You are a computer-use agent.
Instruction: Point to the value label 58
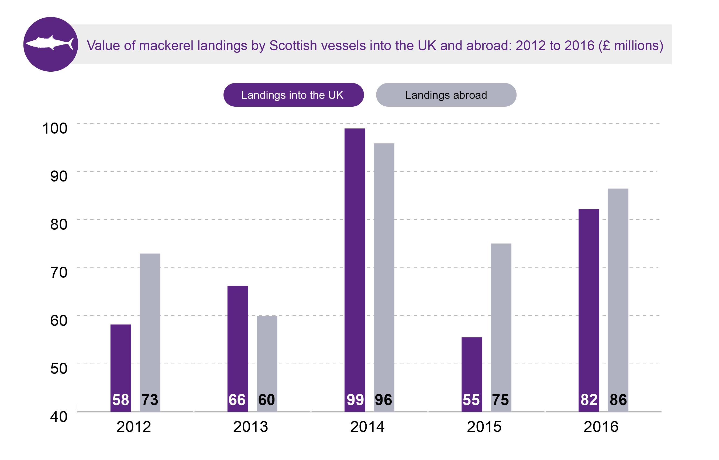[x=121, y=400]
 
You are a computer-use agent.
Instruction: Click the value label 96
[x=383, y=400]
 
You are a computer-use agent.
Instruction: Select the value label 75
[x=500, y=400]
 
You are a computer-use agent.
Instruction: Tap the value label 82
[x=589, y=400]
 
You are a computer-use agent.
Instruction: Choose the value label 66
[x=237, y=400]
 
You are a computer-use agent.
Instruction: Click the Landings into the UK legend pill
[x=293, y=95]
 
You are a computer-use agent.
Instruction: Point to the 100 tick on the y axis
[x=55, y=128]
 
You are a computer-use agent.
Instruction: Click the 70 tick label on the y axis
[x=59, y=272]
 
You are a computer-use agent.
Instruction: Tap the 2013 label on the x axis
[x=250, y=427]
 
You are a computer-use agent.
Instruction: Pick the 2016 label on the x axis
[x=601, y=427]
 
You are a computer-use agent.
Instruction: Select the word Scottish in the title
[x=293, y=46]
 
